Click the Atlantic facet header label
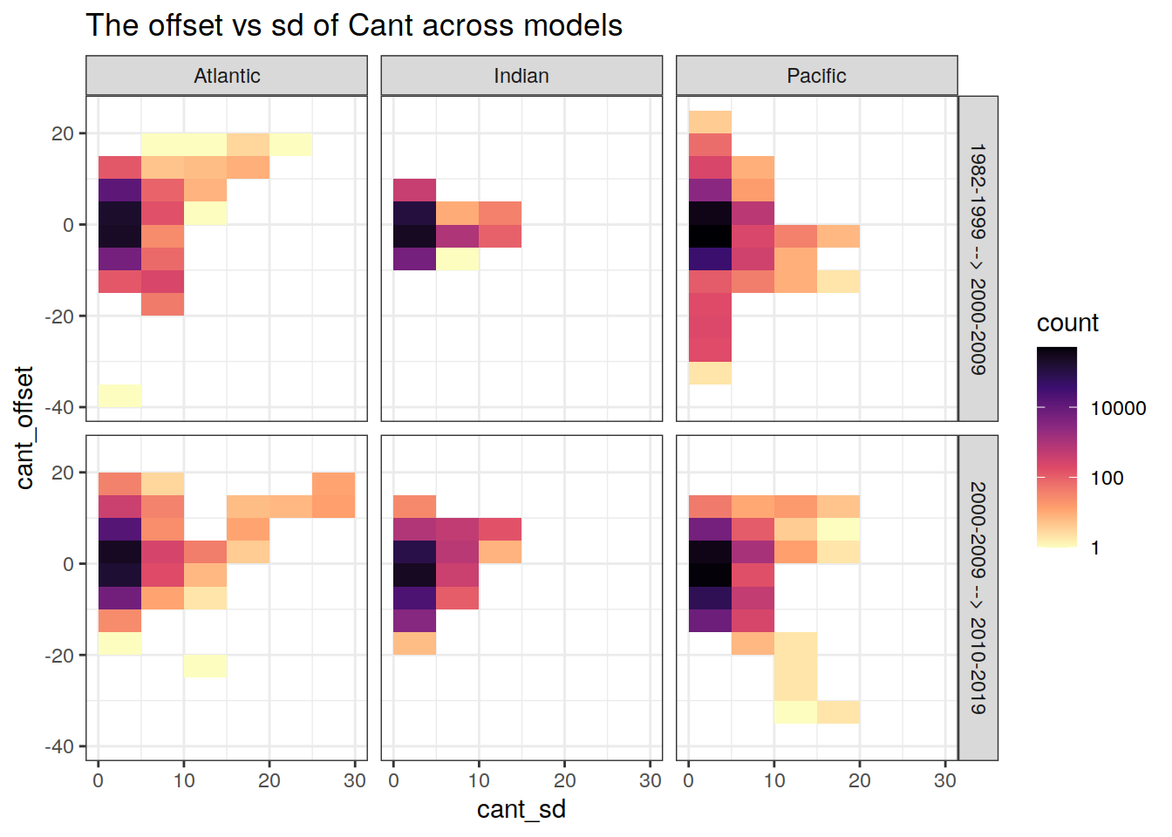coord(227,76)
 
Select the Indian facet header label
coord(521,76)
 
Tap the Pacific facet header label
coord(816,76)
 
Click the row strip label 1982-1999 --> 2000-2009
coord(978,259)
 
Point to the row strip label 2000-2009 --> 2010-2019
coord(978,598)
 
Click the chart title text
coord(354,25)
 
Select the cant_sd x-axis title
coord(521,809)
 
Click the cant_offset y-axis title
coord(24,427)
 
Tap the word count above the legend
coord(1067,323)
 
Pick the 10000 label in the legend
coord(1118,408)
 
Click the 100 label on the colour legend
coord(1107,478)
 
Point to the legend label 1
coord(1095,548)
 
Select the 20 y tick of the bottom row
coord(63,473)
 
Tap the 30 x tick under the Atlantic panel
coord(354,780)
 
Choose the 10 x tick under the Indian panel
coord(479,780)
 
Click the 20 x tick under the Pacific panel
coord(859,780)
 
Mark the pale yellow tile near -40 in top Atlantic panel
coord(119,396)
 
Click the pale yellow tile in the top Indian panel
coord(457,259)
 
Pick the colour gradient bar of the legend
coord(1057,446)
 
